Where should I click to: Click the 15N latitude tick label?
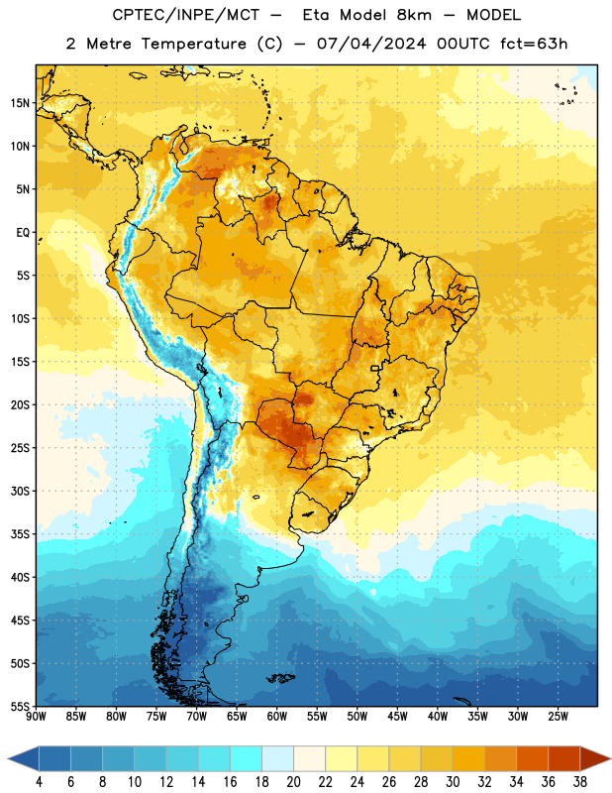click(20, 103)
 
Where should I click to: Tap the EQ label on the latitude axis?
click(23, 233)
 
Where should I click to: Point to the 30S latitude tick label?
click(20, 491)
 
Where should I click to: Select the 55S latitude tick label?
click(20, 706)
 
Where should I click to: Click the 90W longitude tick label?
click(37, 717)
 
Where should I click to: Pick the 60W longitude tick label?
click(277, 717)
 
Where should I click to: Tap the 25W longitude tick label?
click(558, 717)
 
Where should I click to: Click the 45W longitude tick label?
click(397, 717)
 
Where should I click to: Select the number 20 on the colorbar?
click(293, 782)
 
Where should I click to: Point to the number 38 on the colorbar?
click(580, 782)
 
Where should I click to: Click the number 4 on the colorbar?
click(39, 782)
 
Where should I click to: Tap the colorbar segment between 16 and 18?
click(247, 759)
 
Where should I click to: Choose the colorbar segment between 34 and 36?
click(532, 759)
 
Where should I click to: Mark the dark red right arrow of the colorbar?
click(594, 759)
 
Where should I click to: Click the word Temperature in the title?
click(193, 44)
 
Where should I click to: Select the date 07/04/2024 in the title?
click(371, 44)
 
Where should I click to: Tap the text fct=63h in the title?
click(534, 44)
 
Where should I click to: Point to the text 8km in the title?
click(414, 15)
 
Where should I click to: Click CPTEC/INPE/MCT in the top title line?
click(186, 15)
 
